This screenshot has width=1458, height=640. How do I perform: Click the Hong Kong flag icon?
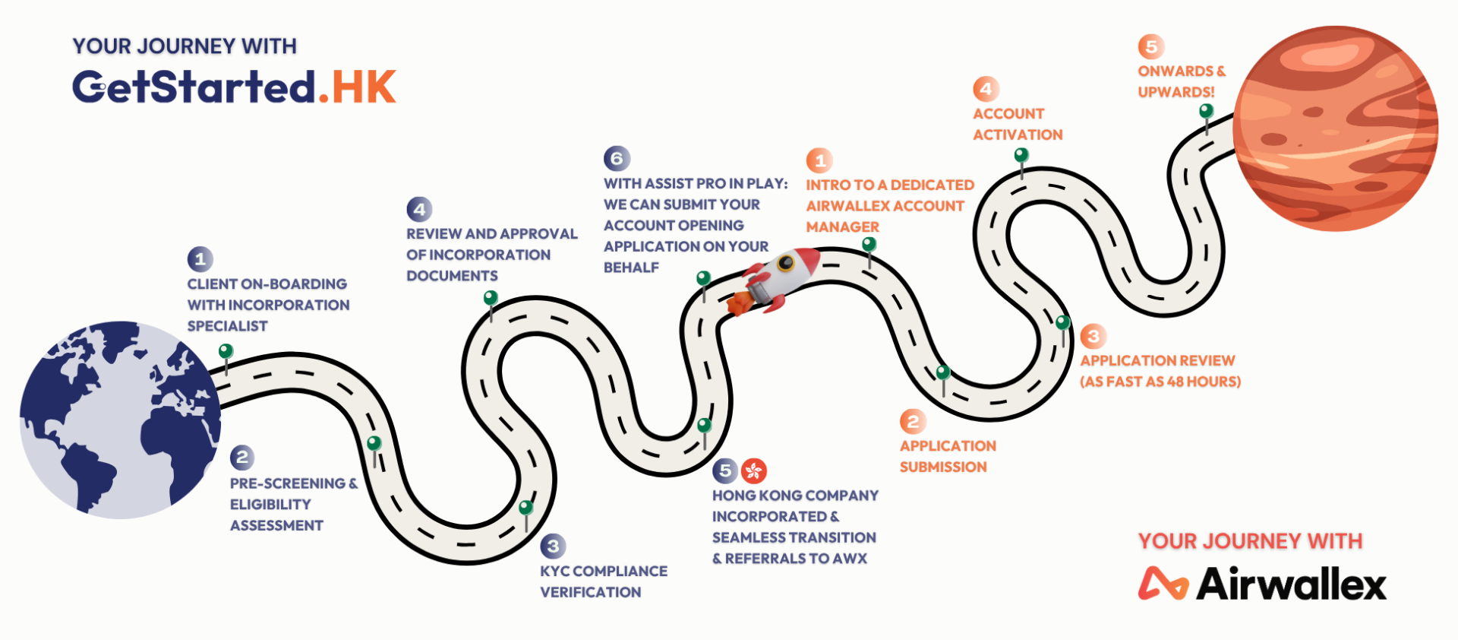(x=754, y=471)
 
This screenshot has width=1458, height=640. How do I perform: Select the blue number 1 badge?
(x=200, y=259)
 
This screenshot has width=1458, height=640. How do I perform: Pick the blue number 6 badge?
(x=617, y=158)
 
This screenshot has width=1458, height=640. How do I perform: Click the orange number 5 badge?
(x=1151, y=46)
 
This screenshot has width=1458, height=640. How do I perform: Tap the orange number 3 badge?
(x=1093, y=336)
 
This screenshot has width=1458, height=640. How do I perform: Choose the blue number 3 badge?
(x=553, y=546)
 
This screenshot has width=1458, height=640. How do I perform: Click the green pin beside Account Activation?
(x=1021, y=156)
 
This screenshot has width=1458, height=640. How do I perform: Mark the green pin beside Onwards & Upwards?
(x=1206, y=112)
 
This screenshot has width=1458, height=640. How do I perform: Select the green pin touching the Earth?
(x=226, y=351)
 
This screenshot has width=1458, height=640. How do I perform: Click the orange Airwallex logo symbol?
(x=1163, y=584)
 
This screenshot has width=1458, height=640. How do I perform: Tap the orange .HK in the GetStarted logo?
(x=358, y=87)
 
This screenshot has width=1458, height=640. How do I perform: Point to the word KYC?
(x=554, y=571)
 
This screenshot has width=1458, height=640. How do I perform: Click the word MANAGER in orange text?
(x=842, y=227)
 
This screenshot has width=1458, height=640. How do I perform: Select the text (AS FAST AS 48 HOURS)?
(x=1160, y=382)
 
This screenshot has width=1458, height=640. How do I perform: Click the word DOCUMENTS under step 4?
(x=452, y=276)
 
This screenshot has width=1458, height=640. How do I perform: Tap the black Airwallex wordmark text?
(x=1291, y=584)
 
